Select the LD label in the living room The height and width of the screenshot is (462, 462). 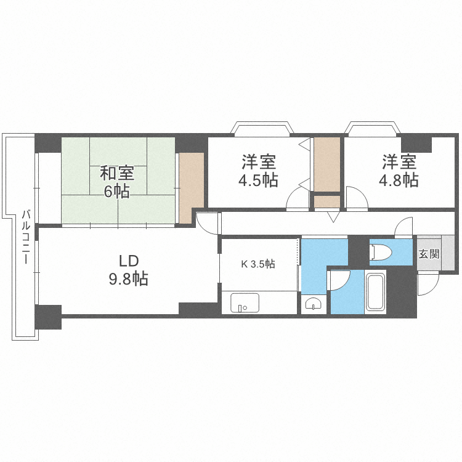(128, 259)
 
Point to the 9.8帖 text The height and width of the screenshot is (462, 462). (128, 278)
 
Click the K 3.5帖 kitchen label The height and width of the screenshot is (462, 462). (257, 264)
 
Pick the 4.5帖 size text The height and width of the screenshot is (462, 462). (258, 180)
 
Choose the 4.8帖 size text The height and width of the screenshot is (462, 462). (399, 180)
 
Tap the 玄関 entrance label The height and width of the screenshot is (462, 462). (429, 253)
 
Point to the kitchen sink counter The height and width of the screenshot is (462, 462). (245, 303)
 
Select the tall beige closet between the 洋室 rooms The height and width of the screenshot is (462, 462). (326, 164)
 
